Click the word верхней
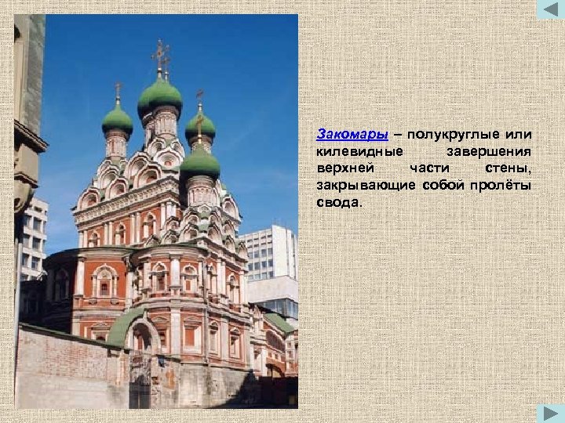[x=346, y=168]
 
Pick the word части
[x=429, y=168]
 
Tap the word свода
[x=339, y=203]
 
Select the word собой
[x=443, y=186]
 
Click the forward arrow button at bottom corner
[x=550, y=412]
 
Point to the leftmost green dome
[x=118, y=119]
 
